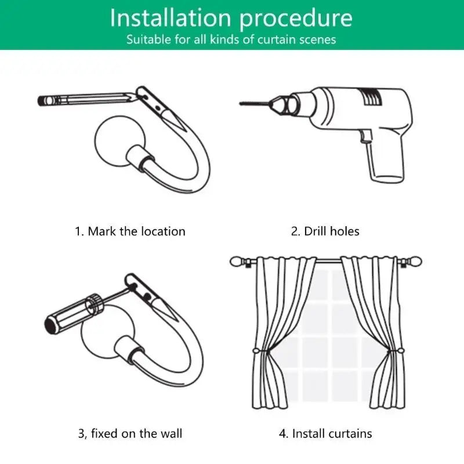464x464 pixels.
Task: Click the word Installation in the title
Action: [x=171, y=18]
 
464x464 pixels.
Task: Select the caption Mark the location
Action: [x=136, y=231]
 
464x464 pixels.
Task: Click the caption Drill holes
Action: [x=332, y=231]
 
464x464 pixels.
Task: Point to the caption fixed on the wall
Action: [x=136, y=433]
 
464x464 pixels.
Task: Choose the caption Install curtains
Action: [x=332, y=433]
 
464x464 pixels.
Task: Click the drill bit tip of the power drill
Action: [x=240, y=103]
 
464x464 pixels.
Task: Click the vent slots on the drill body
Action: [x=371, y=96]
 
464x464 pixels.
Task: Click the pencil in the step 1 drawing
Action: [x=88, y=99]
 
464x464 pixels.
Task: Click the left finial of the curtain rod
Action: [x=237, y=262]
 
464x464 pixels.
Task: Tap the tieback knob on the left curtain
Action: [x=256, y=351]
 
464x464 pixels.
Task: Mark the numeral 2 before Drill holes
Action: [x=295, y=231]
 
